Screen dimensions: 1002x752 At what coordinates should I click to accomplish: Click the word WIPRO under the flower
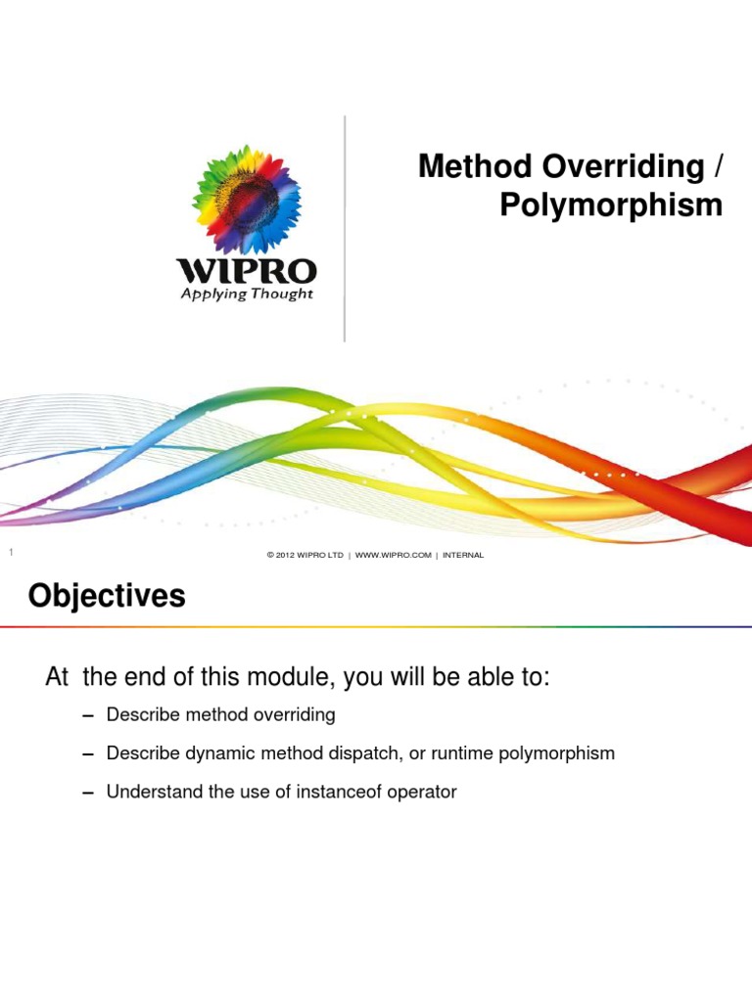(x=246, y=270)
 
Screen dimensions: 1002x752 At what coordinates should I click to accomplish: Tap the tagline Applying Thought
(x=246, y=294)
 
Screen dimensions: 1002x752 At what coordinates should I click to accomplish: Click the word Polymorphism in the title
(x=611, y=205)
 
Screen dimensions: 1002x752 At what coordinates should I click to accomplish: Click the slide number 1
(x=10, y=555)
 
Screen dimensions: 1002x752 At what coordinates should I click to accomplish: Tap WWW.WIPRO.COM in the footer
(x=394, y=556)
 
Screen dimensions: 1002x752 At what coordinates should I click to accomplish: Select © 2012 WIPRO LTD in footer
(x=305, y=556)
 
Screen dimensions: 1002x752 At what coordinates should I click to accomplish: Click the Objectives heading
(x=107, y=596)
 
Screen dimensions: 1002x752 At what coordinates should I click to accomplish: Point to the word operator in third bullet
(x=422, y=792)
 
